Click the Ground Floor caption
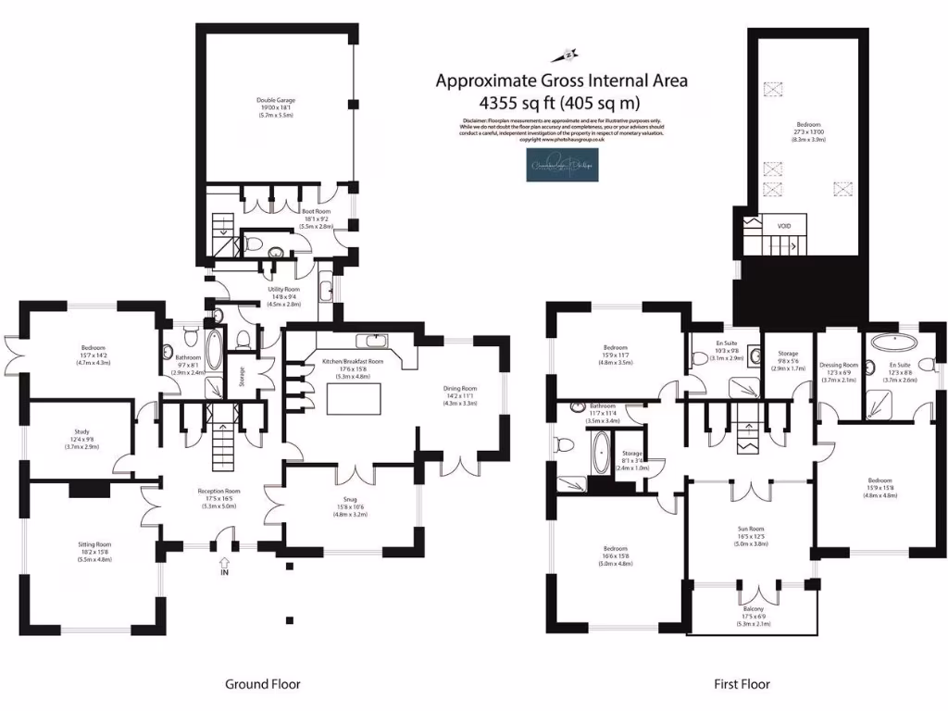pyautogui.click(x=263, y=684)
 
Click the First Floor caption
pyautogui.click(x=741, y=684)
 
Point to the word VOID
pyautogui.click(x=771, y=224)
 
